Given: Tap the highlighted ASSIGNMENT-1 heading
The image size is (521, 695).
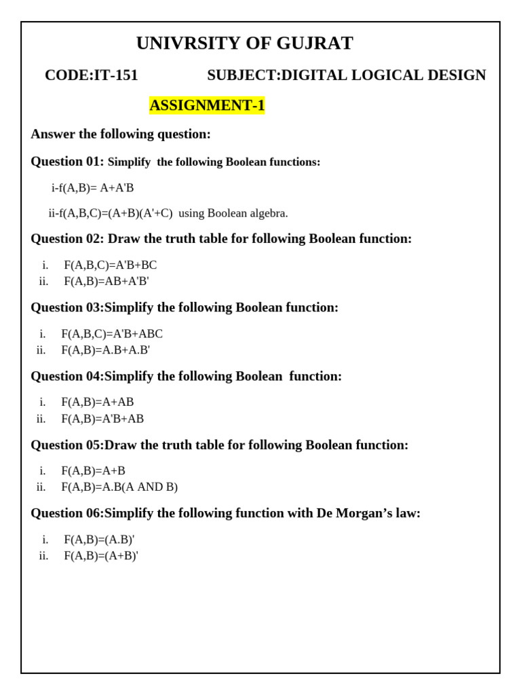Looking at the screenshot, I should coord(207,106).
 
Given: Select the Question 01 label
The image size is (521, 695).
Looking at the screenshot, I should coord(67,162).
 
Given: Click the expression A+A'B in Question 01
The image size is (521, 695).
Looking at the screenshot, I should coord(117,188).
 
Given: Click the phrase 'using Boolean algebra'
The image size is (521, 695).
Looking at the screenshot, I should coord(233,213).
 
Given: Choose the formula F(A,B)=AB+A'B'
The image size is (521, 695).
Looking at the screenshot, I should coord(106,281).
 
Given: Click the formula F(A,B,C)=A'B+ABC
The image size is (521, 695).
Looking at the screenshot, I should coord(112,334).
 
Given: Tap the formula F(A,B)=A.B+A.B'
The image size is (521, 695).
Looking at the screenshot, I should coord(105,350).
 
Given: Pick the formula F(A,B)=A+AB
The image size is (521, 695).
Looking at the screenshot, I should coord(98,402).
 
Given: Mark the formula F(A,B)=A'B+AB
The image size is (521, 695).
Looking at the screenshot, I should coord(102,419).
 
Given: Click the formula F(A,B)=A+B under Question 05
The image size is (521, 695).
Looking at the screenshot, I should coord(93,471).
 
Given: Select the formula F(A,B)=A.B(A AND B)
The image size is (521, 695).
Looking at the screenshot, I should coord(119,487).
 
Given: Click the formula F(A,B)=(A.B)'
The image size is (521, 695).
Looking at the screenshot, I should coord(99,540).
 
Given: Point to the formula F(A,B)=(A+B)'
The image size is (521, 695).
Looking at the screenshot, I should coord(101,556).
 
